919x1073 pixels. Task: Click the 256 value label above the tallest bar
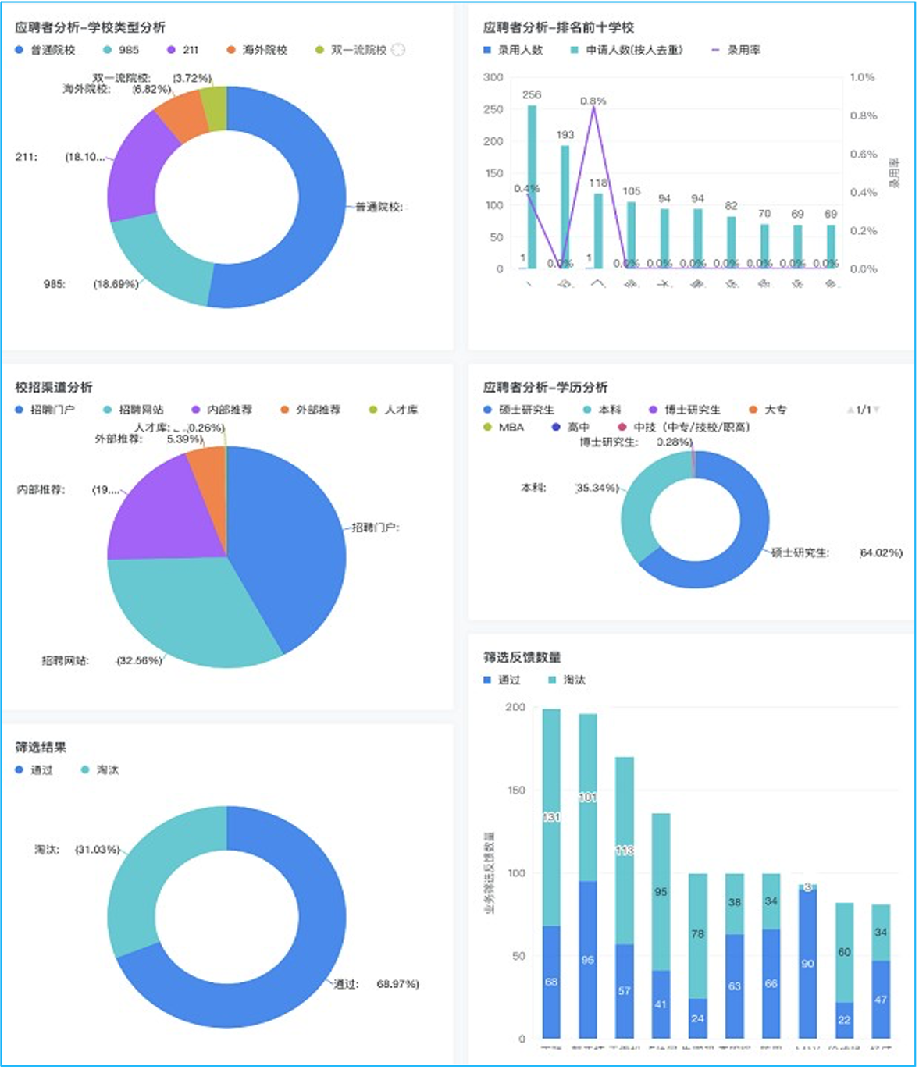pos(532,94)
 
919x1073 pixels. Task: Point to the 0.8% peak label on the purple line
pos(593,101)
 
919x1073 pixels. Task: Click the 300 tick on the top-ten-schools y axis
pos(493,77)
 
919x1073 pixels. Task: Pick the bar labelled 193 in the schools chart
pos(565,206)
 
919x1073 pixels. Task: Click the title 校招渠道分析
pos(54,387)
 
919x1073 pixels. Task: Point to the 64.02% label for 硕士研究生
pos(881,552)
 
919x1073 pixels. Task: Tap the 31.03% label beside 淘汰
pos(98,849)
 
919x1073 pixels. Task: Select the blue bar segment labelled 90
pos(807,964)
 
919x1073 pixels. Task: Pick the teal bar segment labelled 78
pos(697,935)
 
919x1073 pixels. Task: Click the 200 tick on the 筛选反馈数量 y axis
pos(515,707)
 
